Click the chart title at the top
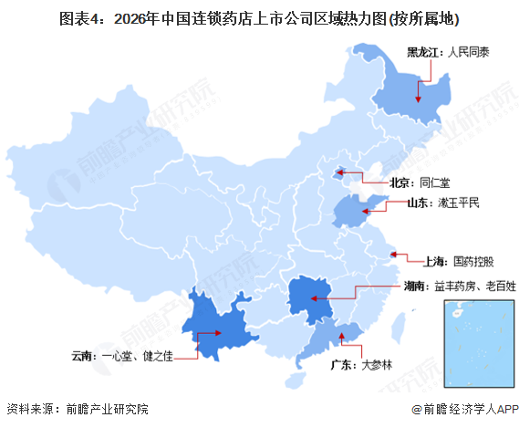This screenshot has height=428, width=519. click(259, 17)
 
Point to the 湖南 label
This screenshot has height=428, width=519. click(414, 286)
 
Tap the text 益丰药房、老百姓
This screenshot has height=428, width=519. click(470, 286)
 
